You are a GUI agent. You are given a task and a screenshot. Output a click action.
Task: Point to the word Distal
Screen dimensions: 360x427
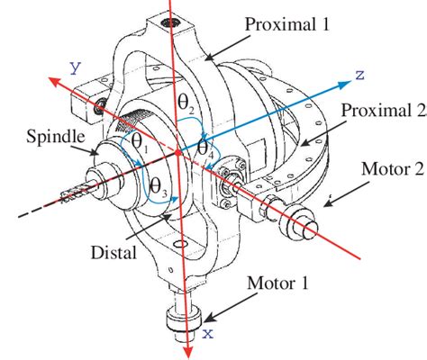[x=115, y=253]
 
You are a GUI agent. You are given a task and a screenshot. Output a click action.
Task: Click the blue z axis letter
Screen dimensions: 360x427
[x=359, y=75]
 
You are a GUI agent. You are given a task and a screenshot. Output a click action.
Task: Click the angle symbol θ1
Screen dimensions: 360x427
[x=140, y=142]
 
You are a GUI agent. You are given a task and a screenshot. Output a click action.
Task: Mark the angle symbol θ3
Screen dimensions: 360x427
[x=157, y=187]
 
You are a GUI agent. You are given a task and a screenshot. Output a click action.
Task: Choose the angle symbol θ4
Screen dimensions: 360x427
[x=204, y=148]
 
